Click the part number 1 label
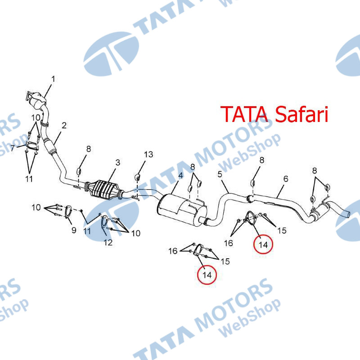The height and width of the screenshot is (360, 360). [53, 79]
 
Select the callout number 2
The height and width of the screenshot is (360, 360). [64, 125]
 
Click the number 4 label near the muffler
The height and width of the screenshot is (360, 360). [180, 175]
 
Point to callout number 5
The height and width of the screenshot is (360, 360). [220, 174]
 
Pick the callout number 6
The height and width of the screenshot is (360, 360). [285, 179]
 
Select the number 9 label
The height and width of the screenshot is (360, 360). [74, 231]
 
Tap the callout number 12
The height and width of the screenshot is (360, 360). [108, 243]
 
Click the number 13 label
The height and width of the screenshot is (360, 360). [148, 154]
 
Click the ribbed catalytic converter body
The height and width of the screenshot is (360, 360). [106, 188]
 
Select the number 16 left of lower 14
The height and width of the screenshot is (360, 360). [173, 251]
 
